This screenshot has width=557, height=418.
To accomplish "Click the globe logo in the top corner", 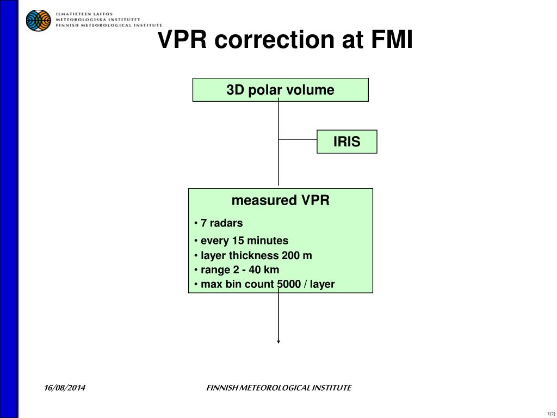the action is [38, 21].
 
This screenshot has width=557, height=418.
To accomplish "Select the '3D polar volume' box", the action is [280, 90].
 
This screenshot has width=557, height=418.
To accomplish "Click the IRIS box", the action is [346, 142].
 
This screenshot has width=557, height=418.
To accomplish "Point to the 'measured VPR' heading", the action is [280, 200].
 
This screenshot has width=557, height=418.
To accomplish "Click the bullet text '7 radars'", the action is [221, 223].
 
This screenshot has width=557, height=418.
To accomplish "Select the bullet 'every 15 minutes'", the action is [244, 241].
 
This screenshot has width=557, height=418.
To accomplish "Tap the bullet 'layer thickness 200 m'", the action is [256, 256].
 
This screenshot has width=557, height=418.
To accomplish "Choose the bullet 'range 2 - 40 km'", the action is [239, 270].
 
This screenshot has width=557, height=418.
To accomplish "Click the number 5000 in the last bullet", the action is [289, 284].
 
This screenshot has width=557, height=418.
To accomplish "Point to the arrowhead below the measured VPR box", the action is [278, 341].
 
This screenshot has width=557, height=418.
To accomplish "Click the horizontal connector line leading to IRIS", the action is [298, 139].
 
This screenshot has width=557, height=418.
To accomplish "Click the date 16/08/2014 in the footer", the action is [65, 388].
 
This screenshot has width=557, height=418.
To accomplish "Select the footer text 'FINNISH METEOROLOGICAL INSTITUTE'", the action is [278, 388].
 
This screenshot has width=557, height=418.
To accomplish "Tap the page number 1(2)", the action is [551, 413].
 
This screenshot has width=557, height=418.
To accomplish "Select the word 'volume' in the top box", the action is [316, 90].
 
